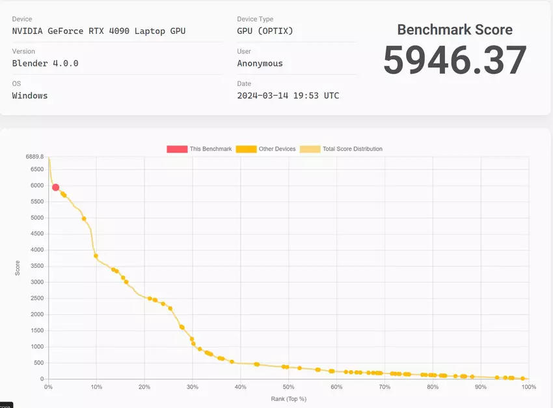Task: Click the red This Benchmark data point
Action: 55,188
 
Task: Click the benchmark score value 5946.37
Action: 454,61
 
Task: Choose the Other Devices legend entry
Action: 265,149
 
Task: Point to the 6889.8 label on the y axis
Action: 34,157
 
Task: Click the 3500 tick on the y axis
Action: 36,266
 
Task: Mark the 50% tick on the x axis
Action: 288,387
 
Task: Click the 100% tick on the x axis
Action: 528,387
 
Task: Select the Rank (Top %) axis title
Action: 288,399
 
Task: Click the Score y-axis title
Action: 18,267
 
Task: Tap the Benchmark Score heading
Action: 454,30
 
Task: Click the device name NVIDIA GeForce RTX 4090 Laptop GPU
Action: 99,31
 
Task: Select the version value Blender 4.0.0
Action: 45,63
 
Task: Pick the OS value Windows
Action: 30,95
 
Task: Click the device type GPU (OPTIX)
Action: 264,31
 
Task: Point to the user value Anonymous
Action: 260,63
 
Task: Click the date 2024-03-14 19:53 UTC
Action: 288,95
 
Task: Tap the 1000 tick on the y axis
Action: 36,347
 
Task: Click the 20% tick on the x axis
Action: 144,387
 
